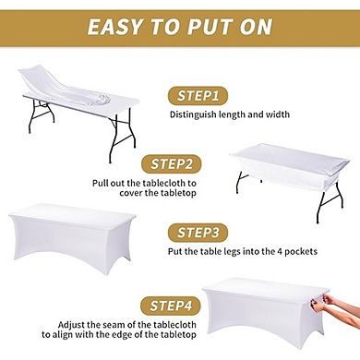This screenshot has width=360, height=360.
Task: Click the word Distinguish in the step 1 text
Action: (192, 115)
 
